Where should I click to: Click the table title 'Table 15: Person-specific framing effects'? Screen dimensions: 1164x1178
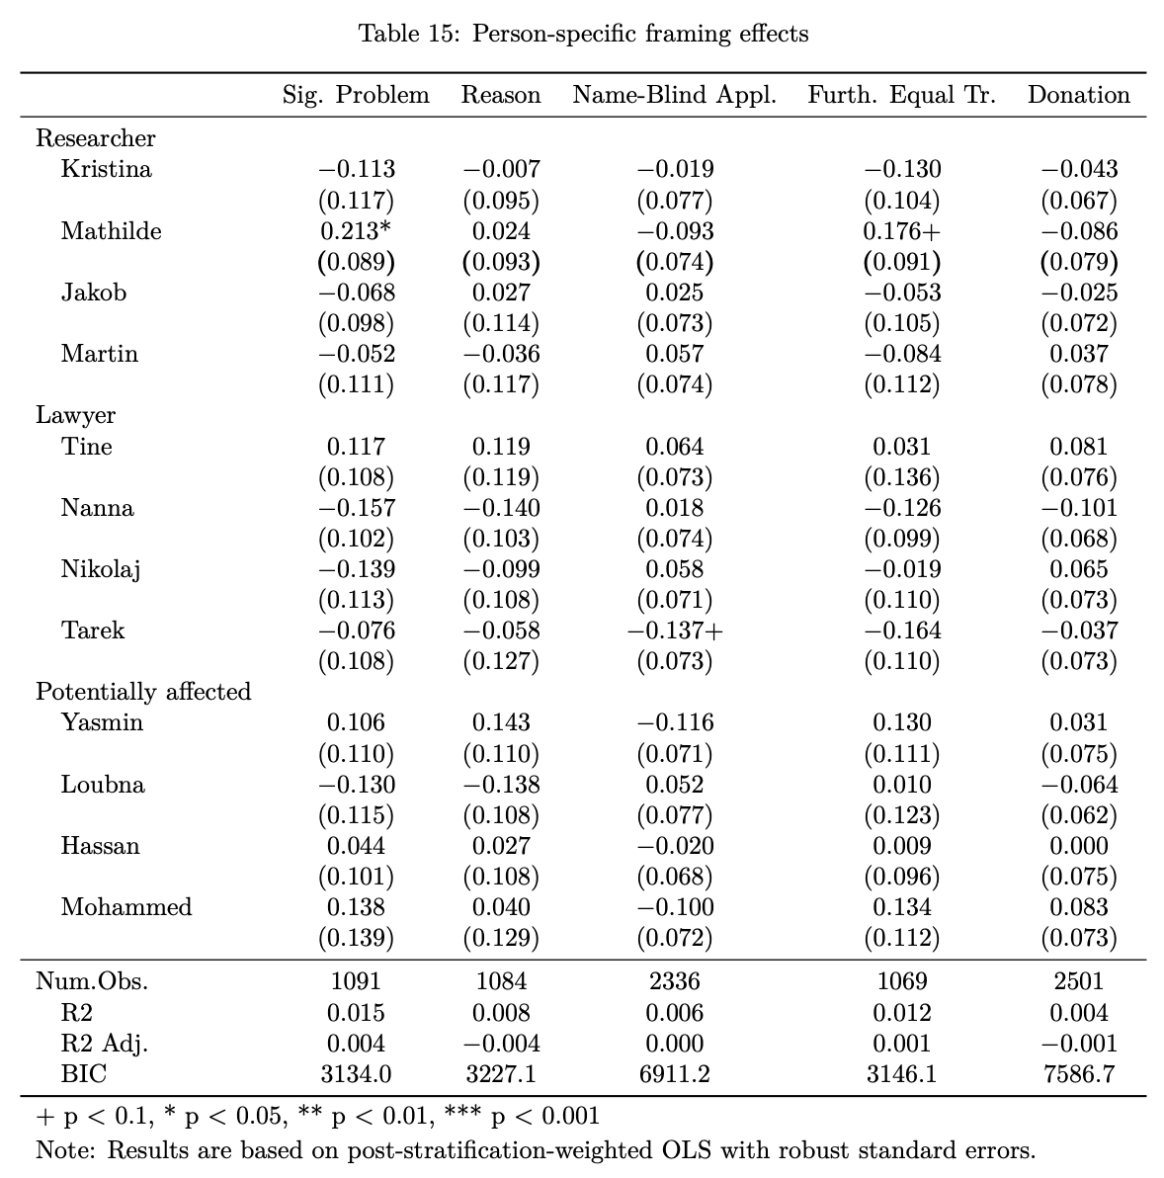pos(583,34)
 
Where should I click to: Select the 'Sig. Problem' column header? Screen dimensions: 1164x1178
pos(356,95)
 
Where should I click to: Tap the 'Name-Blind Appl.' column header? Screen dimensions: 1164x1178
pos(674,95)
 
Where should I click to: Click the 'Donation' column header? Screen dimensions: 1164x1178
pos(1078,95)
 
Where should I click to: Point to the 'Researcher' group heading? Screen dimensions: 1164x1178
pos(96,138)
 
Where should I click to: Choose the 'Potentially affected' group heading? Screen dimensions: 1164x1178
pos(143,691)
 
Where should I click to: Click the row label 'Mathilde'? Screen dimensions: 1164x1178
pos(111,230)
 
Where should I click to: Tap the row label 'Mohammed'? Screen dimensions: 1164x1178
pos(126,907)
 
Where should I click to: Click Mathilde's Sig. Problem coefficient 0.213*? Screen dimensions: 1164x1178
pos(356,230)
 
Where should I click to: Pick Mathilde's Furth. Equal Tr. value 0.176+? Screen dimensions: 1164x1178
pos(901,230)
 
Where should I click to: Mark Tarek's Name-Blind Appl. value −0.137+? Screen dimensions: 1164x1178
pos(674,631)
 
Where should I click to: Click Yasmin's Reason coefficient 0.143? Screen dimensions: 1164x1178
pos(501,722)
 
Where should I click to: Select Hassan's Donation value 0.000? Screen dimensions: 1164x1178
pos(1078,846)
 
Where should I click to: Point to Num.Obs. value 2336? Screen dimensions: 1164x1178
pos(674,981)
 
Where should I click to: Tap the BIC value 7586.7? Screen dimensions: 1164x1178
pos(1078,1074)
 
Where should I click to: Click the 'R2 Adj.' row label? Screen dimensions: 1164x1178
pos(105,1044)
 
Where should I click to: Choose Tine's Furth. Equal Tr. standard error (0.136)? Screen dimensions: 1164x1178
pos(901,477)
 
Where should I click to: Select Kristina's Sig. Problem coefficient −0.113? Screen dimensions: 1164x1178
pos(356,169)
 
